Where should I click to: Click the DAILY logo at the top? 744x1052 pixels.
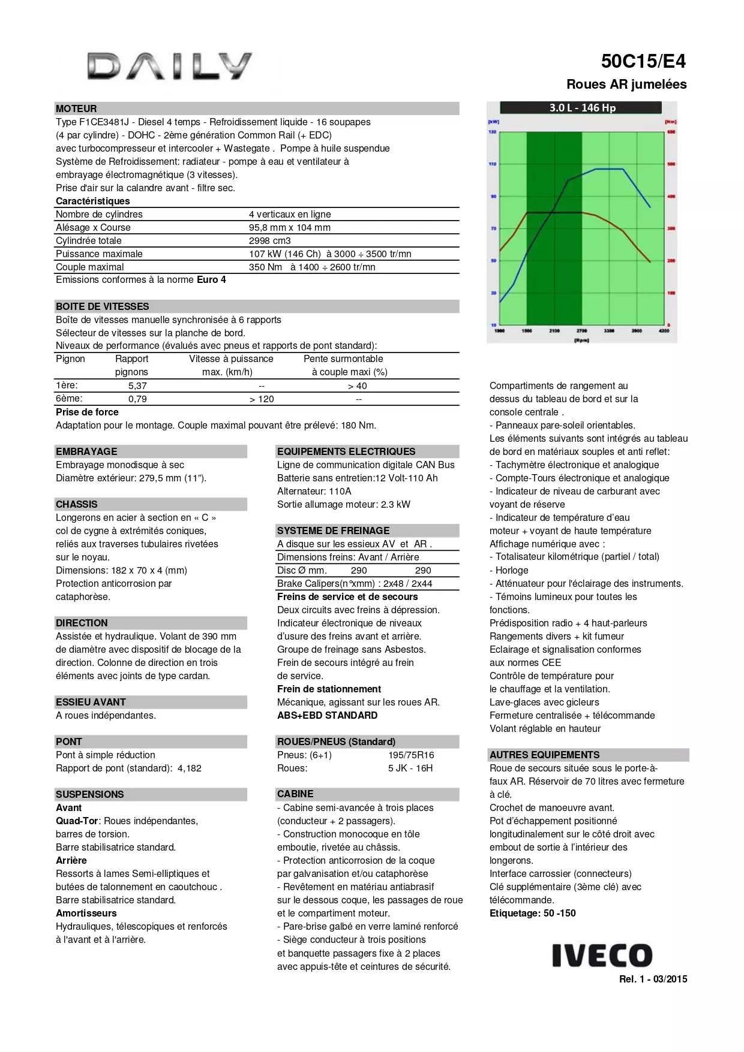click(x=169, y=66)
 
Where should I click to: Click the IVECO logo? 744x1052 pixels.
click(x=602, y=955)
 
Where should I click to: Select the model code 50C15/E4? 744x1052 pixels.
click(x=643, y=61)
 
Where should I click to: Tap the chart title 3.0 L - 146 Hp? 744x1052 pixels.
click(x=582, y=108)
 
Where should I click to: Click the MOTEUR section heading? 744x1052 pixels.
click(x=76, y=108)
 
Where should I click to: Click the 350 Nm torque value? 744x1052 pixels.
click(x=265, y=267)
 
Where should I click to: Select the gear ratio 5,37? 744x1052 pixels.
click(x=137, y=386)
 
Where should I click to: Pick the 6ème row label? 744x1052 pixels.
click(x=69, y=399)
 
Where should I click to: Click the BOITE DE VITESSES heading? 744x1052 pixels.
click(x=103, y=306)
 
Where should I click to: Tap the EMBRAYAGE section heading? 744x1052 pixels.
click(x=86, y=451)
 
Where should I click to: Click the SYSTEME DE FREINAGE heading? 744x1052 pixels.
click(x=333, y=530)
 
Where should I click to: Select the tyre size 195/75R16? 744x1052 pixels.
click(x=411, y=755)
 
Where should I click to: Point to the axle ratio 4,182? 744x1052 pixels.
click(x=190, y=768)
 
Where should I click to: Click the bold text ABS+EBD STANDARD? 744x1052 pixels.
click(x=327, y=715)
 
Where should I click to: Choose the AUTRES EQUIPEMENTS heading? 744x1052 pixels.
click(x=544, y=755)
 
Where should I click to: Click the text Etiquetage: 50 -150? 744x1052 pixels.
click(x=532, y=913)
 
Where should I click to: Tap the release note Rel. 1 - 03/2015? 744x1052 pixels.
click(x=653, y=979)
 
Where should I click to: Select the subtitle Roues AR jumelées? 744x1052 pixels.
click(x=626, y=85)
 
